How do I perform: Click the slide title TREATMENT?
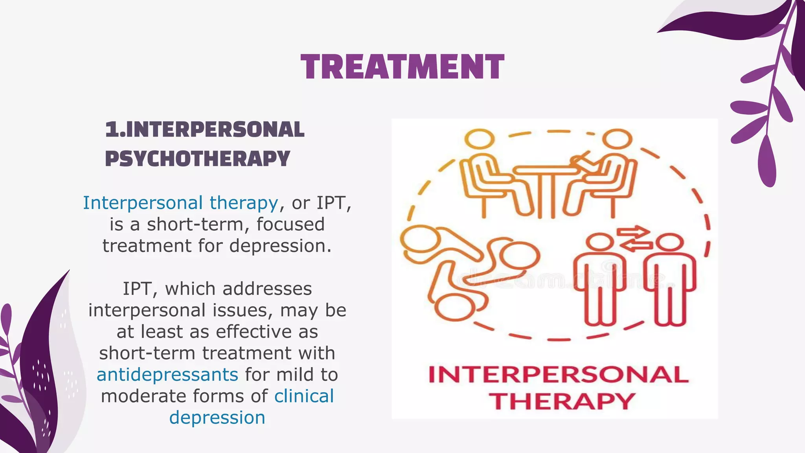point(402,67)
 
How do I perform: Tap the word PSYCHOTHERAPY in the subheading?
point(197,158)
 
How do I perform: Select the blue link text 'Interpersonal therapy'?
point(180,203)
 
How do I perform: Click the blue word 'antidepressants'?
point(167,374)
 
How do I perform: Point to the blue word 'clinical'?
point(304,396)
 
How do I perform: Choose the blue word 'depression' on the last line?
point(217,417)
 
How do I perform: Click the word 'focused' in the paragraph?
point(290,224)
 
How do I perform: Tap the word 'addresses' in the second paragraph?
point(267,289)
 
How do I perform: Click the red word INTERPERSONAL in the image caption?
point(558,374)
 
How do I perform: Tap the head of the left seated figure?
point(479,139)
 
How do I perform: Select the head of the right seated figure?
point(618,139)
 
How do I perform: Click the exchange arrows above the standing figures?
point(634,239)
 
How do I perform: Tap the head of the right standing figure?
point(669,242)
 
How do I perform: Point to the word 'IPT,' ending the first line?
point(334,203)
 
